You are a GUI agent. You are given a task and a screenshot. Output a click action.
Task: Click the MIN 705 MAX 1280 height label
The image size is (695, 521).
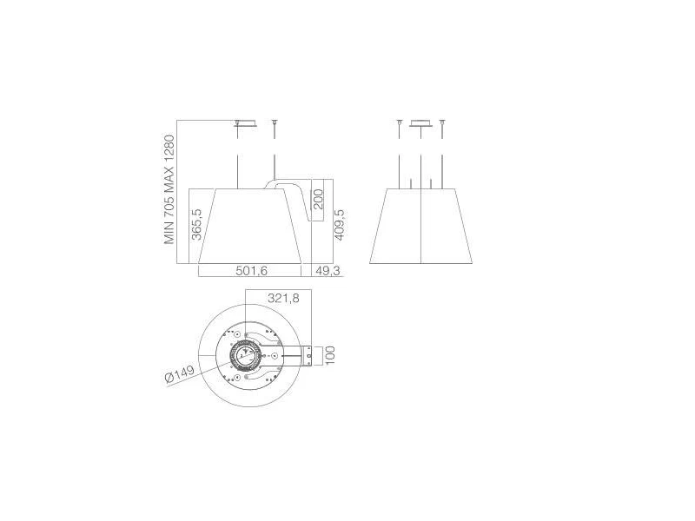click(169, 189)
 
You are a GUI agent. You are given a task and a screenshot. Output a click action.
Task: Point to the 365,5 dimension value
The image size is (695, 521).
click(196, 225)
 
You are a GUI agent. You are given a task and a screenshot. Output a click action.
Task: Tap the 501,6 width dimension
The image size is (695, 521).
click(251, 271)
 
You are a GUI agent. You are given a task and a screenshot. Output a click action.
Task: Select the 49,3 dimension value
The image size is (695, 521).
click(328, 271)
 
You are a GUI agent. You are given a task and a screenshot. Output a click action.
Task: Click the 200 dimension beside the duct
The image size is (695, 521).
click(318, 199)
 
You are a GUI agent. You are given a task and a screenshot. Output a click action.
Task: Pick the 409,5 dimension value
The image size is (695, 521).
click(340, 225)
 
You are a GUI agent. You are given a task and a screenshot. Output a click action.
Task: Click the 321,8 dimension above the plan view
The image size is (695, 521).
click(283, 298)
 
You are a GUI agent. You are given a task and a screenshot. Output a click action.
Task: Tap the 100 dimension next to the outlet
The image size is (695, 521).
click(330, 355)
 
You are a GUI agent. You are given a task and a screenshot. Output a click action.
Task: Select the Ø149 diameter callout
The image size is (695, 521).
click(180, 374)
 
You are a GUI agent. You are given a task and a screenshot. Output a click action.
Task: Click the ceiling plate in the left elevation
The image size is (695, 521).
click(246, 123)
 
